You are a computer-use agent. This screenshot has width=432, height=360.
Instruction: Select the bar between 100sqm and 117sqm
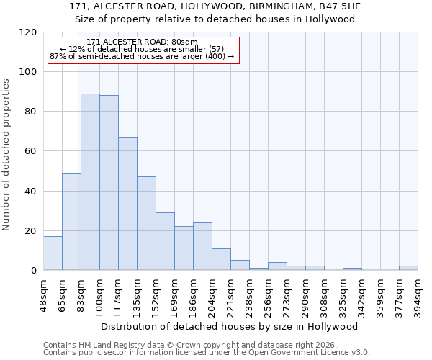coord(109,183)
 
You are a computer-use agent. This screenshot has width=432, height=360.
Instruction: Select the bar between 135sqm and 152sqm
coord(146,223)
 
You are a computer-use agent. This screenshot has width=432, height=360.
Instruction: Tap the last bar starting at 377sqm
coord(408,268)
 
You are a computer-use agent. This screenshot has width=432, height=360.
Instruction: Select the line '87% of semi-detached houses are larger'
coord(142,56)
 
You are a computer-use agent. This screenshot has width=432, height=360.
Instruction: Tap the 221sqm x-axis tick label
coord(231,294)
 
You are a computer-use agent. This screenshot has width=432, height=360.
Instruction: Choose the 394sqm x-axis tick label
coord(418,294)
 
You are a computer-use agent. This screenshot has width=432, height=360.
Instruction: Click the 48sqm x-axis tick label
coord(44,294)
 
